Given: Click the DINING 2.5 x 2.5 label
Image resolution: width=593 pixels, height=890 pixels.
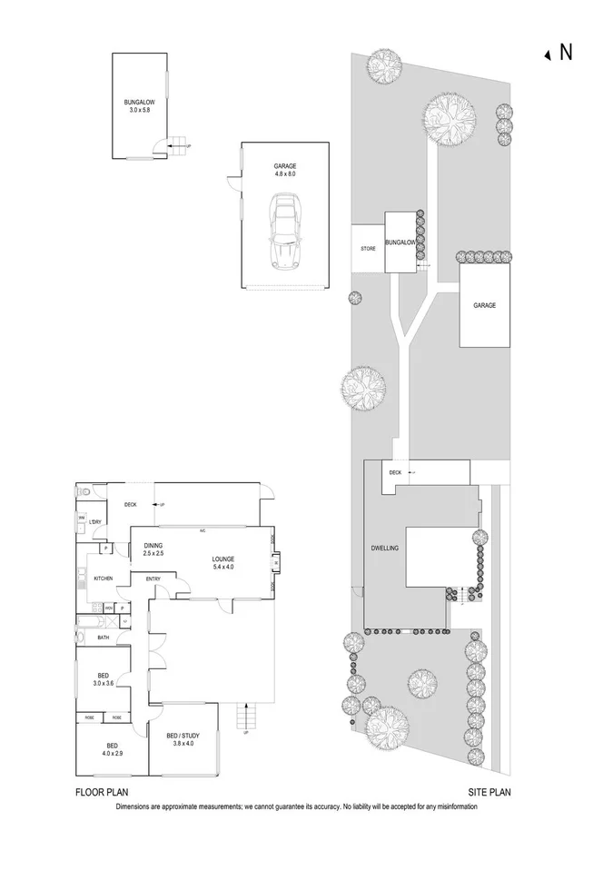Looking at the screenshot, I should click(153, 549).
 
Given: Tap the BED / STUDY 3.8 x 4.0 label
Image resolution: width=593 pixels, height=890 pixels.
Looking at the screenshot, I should click(183, 738).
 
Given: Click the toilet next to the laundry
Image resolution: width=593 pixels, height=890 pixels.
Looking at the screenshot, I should click(84, 491).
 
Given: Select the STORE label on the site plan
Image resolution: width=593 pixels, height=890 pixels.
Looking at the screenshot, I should click(368, 247).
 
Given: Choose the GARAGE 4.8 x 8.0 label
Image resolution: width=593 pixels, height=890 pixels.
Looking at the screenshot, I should click(285, 169).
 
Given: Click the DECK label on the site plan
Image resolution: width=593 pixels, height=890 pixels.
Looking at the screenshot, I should click(395, 472).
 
